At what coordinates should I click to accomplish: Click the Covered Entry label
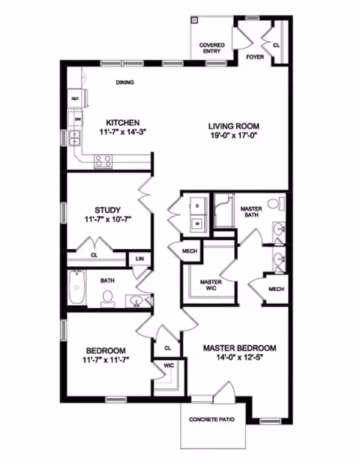point(211,49)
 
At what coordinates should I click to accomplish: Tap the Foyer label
point(255,56)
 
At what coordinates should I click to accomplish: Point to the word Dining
point(124,82)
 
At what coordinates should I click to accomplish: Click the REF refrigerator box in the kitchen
point(75,99)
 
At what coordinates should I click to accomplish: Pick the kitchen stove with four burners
point(102,159)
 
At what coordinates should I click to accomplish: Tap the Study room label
point(108,210)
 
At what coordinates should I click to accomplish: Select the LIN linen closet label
point(139,260)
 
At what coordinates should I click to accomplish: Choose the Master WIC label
point(210,286)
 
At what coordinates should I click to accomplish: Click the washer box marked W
point(197,223)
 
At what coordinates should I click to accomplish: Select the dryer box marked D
point(197,204)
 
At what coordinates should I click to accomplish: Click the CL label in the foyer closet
point(276,45)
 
